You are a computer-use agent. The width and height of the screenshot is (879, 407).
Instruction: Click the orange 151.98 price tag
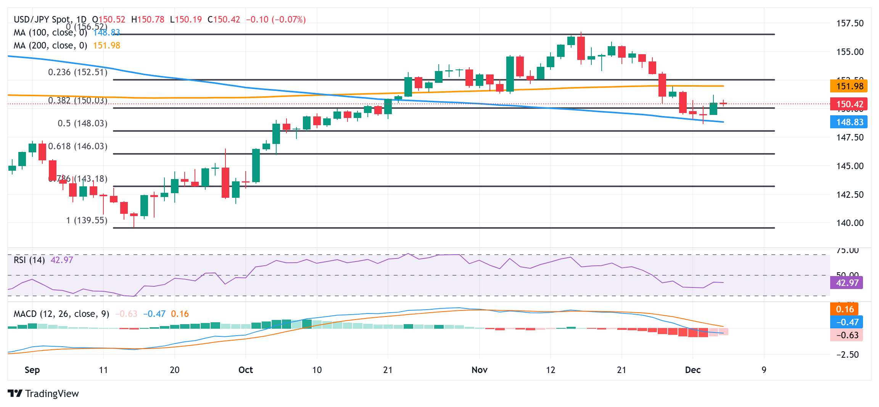849,86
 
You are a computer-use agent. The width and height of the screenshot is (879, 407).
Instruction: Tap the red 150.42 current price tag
849,104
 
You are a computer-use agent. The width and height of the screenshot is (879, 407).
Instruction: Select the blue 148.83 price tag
849,122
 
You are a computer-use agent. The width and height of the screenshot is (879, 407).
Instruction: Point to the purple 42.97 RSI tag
847,283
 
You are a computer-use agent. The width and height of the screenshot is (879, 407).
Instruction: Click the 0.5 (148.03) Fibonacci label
82,123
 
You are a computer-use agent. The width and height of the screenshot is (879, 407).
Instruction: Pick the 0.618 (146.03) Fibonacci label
78,146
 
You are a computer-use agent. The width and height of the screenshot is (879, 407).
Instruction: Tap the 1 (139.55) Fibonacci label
87,220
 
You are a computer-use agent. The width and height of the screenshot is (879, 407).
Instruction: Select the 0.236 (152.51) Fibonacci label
78,72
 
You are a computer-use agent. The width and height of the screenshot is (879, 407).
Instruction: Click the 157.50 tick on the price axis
850,23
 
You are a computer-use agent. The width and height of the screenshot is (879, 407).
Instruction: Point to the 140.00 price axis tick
850,223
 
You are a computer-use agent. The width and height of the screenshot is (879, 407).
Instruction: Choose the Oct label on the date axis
246,370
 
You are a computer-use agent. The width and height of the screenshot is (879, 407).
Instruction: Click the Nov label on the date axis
480,370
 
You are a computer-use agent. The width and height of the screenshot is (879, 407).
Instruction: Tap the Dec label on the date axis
693,370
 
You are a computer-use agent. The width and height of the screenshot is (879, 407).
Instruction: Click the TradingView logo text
52,394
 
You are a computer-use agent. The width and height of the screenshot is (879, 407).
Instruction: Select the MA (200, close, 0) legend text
50,45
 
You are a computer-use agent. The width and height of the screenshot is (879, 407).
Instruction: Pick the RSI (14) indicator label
29,260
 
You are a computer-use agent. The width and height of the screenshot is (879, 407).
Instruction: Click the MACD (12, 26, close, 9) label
61,314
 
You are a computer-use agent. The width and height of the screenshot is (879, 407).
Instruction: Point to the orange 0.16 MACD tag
844,309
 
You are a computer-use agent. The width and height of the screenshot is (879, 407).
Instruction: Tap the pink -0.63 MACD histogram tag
847,335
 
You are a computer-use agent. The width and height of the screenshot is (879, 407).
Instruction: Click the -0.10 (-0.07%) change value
276,19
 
